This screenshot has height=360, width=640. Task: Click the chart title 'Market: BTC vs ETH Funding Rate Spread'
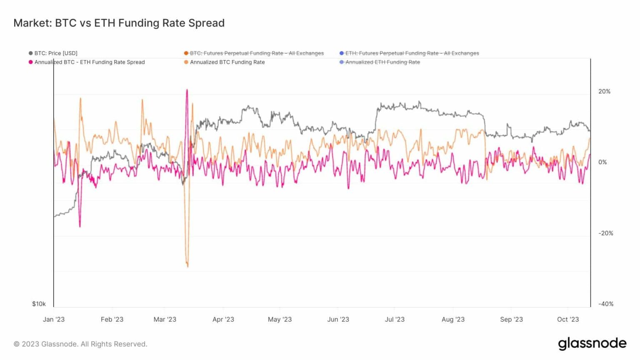pos(119,23)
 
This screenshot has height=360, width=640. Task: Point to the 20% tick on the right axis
pos(604,92)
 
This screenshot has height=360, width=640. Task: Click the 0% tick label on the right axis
pos(602,162)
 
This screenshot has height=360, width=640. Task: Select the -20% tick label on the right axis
pos(605,233)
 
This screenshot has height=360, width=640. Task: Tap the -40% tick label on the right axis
pos(605,304)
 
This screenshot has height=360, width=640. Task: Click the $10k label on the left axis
pos(39,304)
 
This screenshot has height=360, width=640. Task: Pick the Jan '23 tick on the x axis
pos(54,320)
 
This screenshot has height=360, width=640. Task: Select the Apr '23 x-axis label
pos(223,320)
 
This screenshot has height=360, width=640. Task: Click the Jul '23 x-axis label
pos(395,320)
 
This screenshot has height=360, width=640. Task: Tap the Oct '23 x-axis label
pos(568,320)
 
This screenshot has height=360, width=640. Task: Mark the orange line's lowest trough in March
pos(187,266)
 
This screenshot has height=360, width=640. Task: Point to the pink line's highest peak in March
pos(187,90)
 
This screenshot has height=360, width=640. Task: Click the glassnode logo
pos(592,344)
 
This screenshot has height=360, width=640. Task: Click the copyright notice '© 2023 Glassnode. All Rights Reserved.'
pos(80,344)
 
